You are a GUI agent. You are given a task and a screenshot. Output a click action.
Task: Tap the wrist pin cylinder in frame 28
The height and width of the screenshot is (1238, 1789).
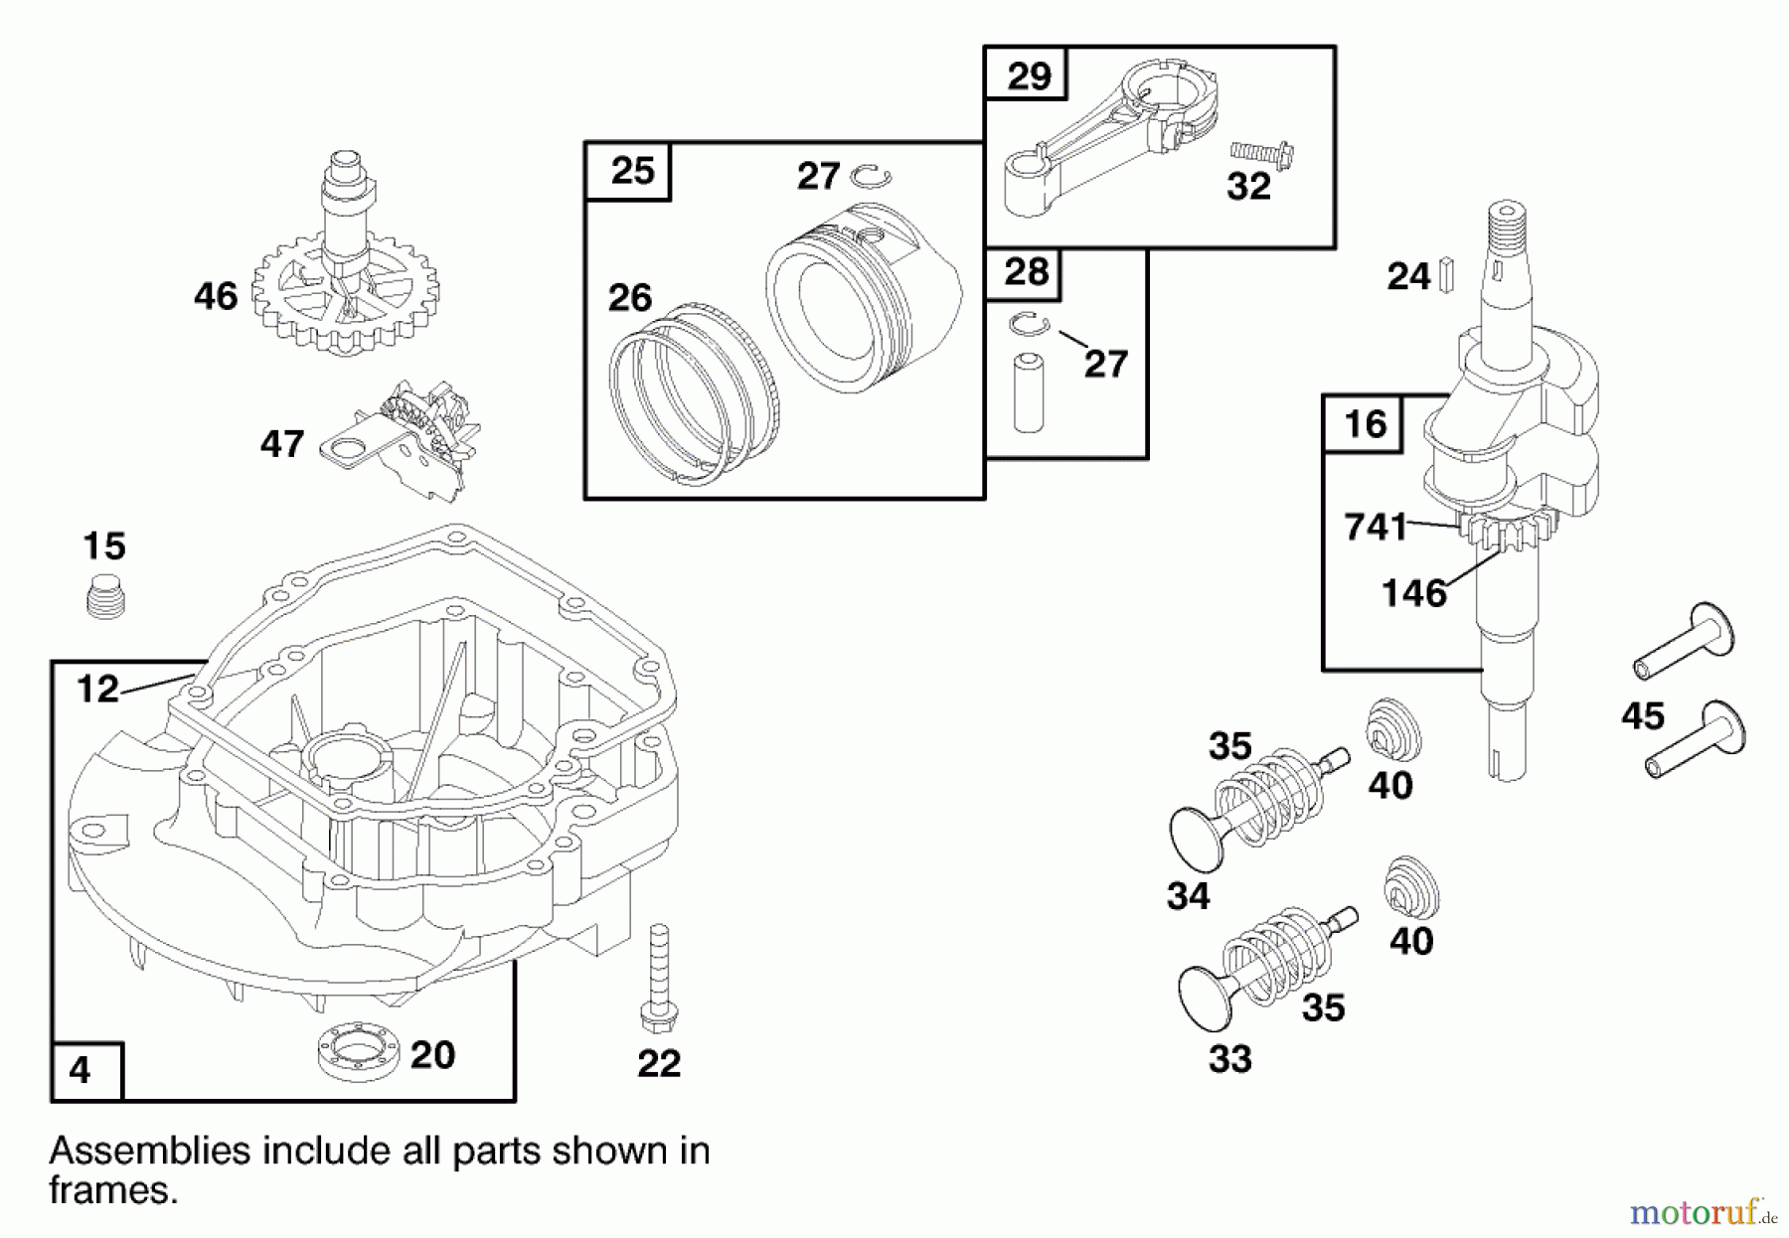pos(1029,391)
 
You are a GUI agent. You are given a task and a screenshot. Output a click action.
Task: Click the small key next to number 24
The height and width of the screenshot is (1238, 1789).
pos(1447,275)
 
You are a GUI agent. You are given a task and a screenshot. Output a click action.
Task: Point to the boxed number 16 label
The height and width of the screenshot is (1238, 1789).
pos(1364,424)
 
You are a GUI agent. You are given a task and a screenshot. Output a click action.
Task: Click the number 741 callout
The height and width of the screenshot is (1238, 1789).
pos(1376,527)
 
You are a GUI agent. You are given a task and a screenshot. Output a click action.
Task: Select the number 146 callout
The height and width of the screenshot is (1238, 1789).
pos(1413,593)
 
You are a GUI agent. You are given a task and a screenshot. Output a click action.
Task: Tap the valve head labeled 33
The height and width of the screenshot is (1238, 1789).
pos(1205,997)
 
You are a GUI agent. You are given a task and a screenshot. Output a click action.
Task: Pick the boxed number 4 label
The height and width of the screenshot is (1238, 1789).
pos(81,1071)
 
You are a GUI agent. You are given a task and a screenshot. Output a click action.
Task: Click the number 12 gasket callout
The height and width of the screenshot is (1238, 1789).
pos(97,689)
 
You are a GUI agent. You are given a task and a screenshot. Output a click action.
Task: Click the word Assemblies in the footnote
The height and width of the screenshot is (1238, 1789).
pos(149,1151)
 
